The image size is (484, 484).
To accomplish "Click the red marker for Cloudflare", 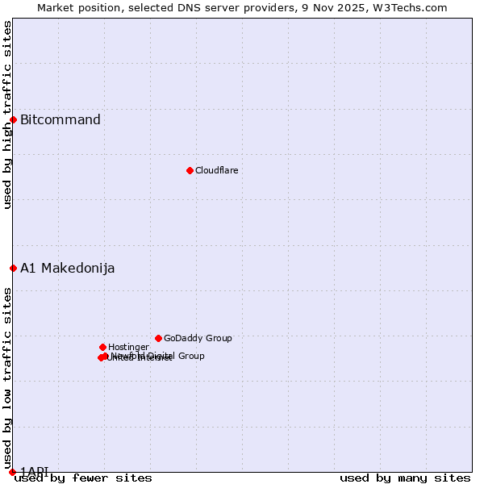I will (190, 170).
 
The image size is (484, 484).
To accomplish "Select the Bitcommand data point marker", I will (13, 119).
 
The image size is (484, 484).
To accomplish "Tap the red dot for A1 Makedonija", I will (13, 268).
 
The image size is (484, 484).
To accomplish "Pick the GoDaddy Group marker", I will (158, 338).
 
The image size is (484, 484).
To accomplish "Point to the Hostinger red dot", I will (102, 347).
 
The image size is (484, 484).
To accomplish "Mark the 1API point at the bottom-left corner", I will (13, 472).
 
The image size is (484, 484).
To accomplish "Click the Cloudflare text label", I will (216, 171).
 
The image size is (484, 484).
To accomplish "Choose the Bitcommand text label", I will (60, 120).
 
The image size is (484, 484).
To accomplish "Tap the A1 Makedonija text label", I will (67, 269).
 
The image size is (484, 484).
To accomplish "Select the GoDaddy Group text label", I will (198, 339).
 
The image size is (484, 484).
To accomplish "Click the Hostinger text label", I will (128, 348).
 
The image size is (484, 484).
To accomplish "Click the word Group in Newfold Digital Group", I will (190, 356).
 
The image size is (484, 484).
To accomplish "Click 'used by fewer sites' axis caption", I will (83, 478).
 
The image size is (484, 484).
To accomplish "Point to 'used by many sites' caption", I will (405, 478).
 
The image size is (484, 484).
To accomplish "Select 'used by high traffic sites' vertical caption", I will (7, 115).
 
